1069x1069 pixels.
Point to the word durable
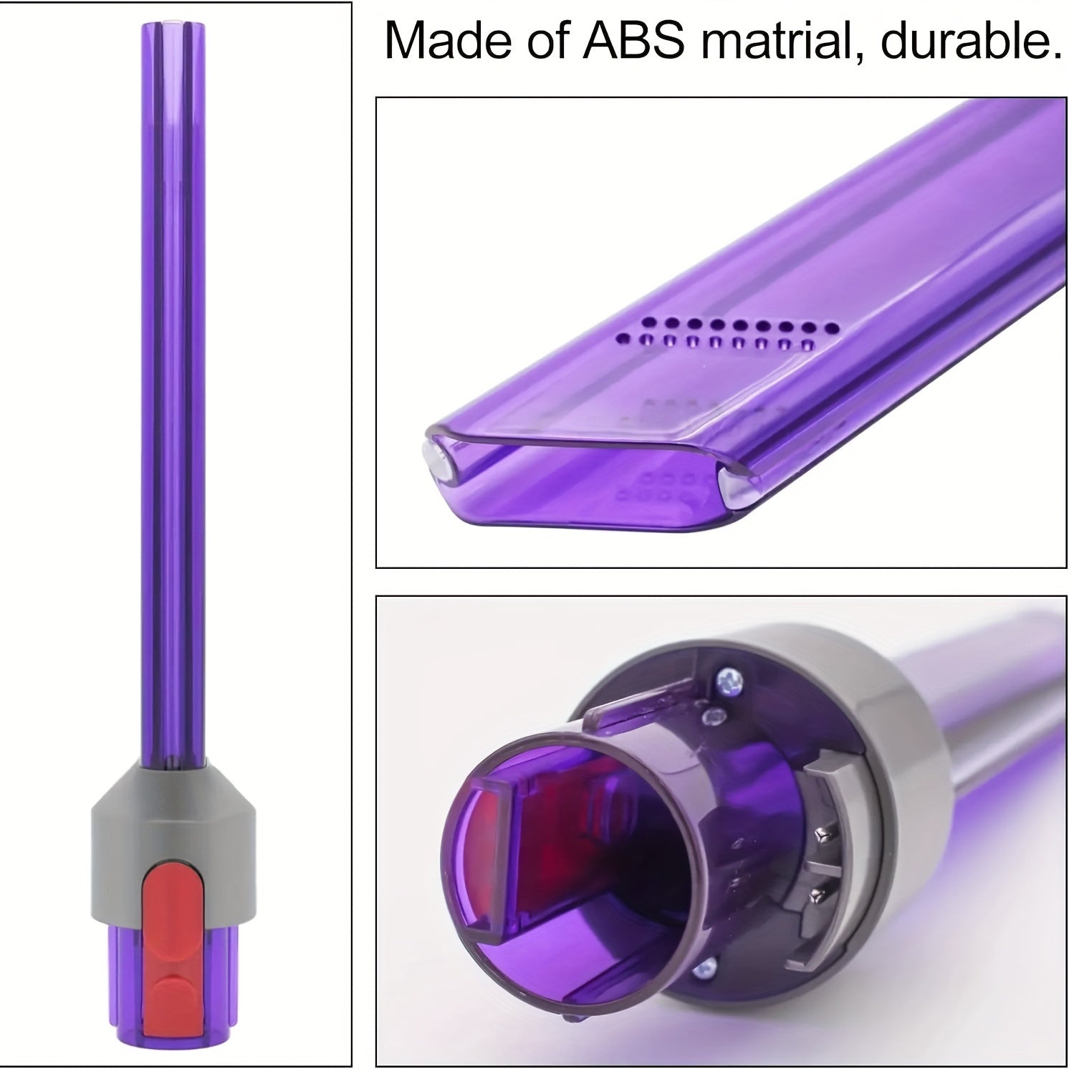(971, 42)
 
